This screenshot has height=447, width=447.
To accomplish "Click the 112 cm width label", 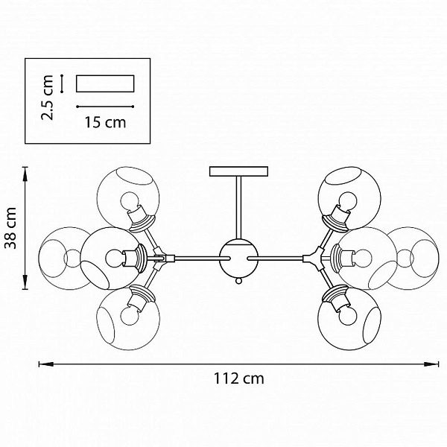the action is click(239, 378).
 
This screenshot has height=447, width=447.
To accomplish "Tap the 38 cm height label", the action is click(11, 228).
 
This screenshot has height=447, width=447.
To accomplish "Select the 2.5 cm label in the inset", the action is click(47, 98).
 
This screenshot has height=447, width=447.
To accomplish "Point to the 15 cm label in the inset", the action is click(105, 122).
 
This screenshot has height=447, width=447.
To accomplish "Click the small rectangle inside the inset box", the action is click(105, 83).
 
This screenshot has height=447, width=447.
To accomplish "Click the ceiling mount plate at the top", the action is click(239, 171).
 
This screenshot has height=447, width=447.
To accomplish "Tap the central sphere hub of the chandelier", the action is click(239, 259).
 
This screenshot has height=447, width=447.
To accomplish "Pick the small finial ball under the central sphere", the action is click(239, 281).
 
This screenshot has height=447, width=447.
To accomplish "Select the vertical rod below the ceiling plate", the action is click(239, 208).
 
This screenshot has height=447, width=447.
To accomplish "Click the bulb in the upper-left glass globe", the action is click(130, 201).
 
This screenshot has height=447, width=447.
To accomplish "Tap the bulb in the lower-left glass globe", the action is click(130, 315).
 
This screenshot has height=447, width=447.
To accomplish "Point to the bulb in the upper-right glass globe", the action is click(348, 201).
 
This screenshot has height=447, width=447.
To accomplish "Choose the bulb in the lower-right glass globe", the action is click(348, 314).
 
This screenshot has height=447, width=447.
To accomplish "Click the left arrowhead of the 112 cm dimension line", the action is click(45, 364).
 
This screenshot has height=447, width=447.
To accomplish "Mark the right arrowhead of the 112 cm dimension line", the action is click(431, 364).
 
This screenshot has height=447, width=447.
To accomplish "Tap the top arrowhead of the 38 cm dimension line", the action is click(25, 174).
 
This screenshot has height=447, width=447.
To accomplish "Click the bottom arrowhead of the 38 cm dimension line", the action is click(25, 282).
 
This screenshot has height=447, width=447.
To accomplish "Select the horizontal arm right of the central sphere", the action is click(276, 259).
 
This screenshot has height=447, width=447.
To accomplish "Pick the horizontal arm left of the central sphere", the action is click(202, 259).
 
